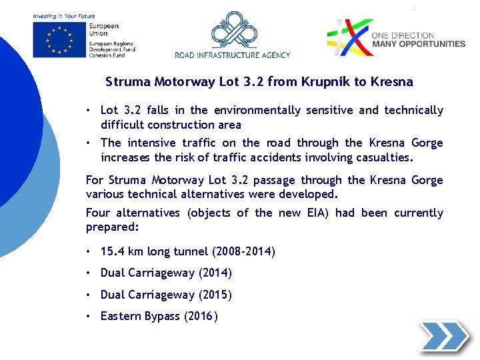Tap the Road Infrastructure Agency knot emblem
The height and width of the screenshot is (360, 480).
tap(233, 31)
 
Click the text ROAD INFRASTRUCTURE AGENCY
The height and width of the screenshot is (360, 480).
tap(233, 55)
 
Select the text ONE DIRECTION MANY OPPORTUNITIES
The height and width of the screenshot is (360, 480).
tap(418, 39)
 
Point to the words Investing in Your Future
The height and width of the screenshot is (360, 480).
tap(64, 16)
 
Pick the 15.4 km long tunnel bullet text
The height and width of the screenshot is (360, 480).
tap(187, 251)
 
